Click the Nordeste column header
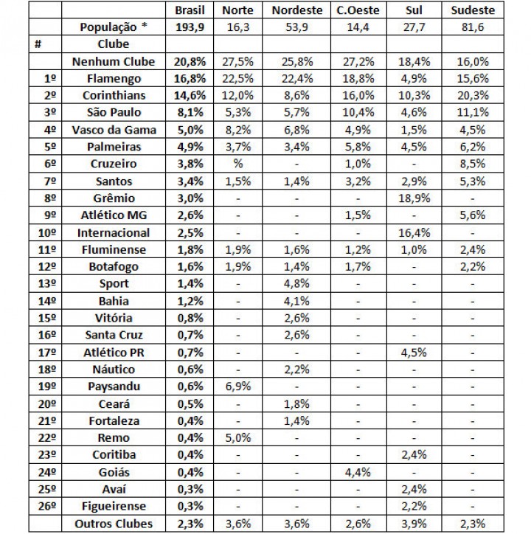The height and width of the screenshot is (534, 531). tap(296, 10)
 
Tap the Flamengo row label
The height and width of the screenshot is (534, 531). tap(113, 79)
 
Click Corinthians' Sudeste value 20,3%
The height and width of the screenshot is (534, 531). tap(472, 96)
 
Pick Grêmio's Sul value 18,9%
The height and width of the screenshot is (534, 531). tap(414, 198)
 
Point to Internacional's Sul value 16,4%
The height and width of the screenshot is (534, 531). tap(414, 232)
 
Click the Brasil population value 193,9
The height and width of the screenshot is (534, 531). tap(190, 27)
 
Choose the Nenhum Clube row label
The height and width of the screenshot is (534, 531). tap(113, 62)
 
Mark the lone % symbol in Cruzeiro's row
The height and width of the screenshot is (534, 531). tap(237, 164)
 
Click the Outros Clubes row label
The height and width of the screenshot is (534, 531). tap(113, 523)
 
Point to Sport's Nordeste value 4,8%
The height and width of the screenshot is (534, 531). tap(296, 284)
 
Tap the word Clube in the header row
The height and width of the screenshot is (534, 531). tap(113, 44)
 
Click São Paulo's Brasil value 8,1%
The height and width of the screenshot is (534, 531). tap(190, 113)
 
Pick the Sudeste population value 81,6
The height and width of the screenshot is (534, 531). tap(472, 27)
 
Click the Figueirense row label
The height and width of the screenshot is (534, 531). tap(113, 506)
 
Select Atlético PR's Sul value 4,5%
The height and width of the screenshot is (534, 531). tap(414, 353)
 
